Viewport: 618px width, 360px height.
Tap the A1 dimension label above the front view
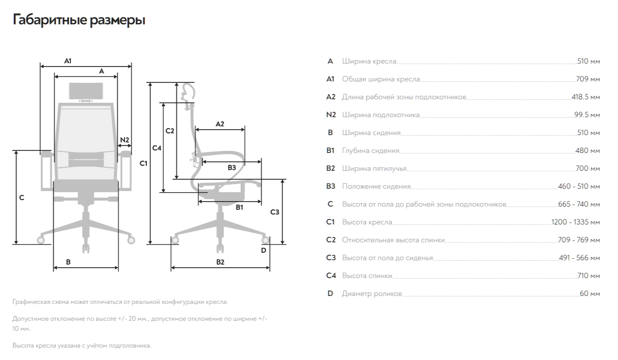coord(68,61)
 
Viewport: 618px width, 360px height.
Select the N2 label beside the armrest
coord(124,140)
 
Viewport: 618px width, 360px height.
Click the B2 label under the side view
coord(220,262)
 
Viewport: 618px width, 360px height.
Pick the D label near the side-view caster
coord(264,250)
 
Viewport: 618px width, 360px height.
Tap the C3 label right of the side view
coord(275,212)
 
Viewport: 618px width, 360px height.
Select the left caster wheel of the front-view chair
coord(41,240)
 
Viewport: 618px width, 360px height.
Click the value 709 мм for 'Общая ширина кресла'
coord(588,79)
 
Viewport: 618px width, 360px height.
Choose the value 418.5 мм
coord(586,97)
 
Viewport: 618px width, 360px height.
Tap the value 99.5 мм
coord(587,115)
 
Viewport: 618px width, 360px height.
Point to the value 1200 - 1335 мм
coord(576,222)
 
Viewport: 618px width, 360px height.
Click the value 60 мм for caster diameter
coord(590,293)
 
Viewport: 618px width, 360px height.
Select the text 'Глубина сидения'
coord(370,150)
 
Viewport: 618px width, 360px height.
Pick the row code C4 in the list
coord(331,276)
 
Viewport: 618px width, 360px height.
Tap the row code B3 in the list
coord(331,186)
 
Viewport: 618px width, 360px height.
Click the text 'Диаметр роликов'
coord(372,293)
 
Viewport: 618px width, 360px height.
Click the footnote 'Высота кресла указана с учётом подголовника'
coord(81,345)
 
